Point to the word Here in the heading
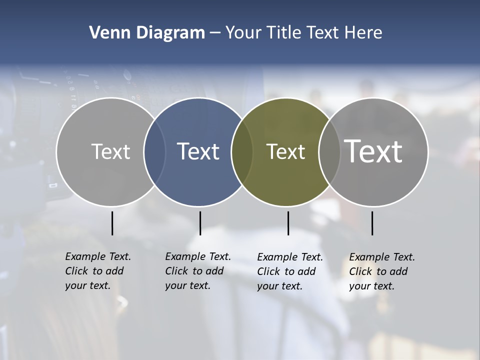(x=363, y=32)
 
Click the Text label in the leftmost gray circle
(x=110, y=151)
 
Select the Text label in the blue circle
(x=198, y=151)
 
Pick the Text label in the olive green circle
(x=285, y=151)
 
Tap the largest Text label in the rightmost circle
(x=373, y=151)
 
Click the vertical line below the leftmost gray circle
(x=112, y=223)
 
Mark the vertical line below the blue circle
(x=200, y=223)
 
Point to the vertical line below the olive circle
(x=288, y=223)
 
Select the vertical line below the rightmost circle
(x=372, y=223)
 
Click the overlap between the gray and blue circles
(x=154, y=151)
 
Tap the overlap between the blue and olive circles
(x=242, y=151)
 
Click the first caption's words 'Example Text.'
(x=98, y=256)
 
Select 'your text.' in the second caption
(x=187, y=286)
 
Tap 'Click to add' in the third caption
(x=286, y=271)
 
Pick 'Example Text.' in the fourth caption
(x=382, y=257)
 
